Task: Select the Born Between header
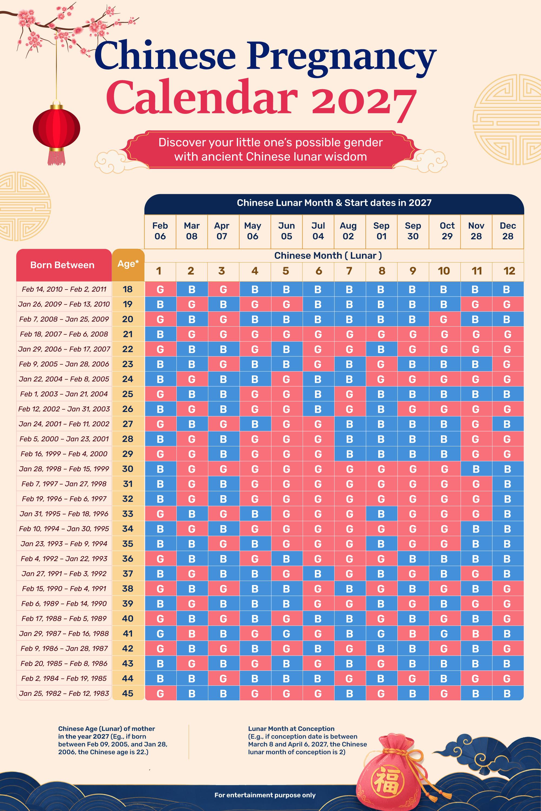tap(62, 265)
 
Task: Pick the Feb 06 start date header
tap(160, 231)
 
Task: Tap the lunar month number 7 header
tap(349, 271)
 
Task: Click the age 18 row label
tap(128, 289)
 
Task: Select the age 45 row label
tap(128, 693)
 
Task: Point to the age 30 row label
tap(128, 469)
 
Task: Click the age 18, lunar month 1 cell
tap(160, 289)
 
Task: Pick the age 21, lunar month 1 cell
tap(160, 334)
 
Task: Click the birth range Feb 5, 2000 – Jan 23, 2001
tap(64, 439)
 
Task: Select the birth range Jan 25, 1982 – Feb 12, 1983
tap(64, 693)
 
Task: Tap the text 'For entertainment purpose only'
tap(265, 795)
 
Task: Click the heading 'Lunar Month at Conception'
tap(291, 729)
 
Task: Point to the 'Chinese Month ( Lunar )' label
tap(328, 255)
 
